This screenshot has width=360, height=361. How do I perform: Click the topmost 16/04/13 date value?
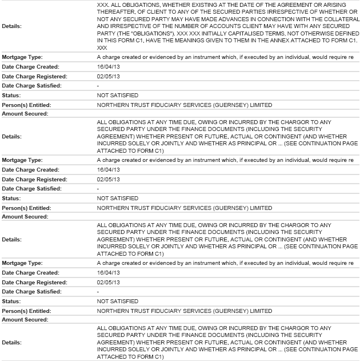point(107,66)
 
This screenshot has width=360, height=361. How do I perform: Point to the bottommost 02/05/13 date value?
point(107,282)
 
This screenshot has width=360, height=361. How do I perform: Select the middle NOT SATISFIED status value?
point(118,198)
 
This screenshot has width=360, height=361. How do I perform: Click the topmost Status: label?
point(12,94)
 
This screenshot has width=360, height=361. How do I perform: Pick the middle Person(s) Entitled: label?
point(26,208)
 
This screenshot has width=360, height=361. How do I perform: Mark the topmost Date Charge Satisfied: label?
point(31,85)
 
